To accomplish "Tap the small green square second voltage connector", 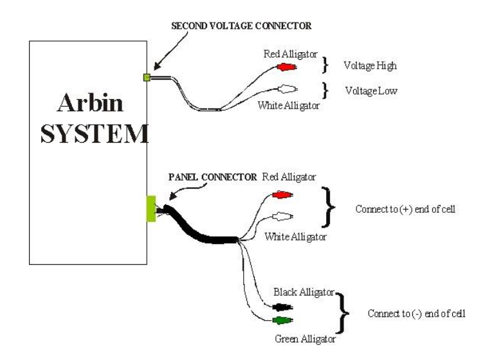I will coord(147,77).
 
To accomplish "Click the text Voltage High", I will coord(370,65).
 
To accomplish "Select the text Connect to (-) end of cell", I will coord(412,314).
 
